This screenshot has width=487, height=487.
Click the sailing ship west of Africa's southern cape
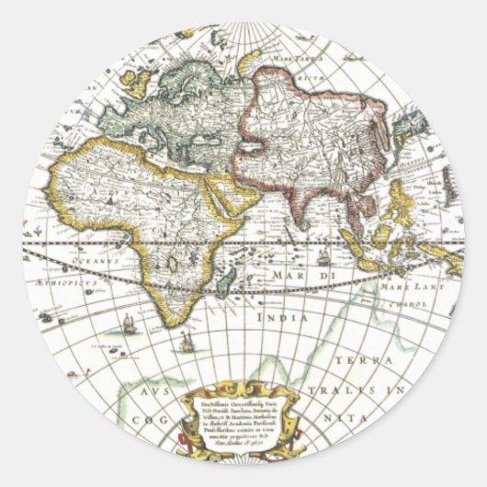pos(127,324)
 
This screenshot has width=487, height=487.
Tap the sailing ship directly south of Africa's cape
pos(187,342)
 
